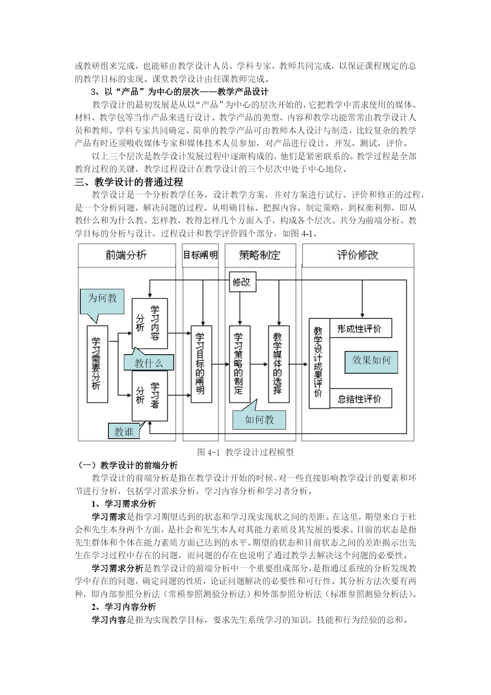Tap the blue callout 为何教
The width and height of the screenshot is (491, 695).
(x=102, y=302)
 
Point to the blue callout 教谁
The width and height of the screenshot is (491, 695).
(x=124, y=431)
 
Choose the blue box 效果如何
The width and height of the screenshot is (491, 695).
(x=371, y=362)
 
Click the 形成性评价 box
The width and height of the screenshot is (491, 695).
(x=360, y=328)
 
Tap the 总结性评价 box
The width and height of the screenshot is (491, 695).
(x=360, y=398)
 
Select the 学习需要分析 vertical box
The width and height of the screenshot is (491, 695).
(x=97, y=364)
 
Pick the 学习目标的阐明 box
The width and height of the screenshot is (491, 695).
(x=201, y=364)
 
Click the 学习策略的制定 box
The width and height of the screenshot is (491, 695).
(x=240, y=364)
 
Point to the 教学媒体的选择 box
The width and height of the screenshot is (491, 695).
(x=279, y=364)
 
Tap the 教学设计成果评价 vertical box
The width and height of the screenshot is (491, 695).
(x=319, y=363)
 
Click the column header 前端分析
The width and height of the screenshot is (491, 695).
(x=127, y=255)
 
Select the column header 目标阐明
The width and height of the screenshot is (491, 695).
(x=201, y=255)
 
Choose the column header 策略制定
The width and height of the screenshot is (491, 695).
(x=260, y=255)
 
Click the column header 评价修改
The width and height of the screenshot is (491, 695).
(x=358, y=255)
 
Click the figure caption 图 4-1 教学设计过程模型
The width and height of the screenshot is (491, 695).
(x=245, y=452)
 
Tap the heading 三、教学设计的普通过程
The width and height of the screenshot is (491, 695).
(x=129, y=182)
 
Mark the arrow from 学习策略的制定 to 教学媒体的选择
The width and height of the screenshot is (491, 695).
(x=259, y=364)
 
